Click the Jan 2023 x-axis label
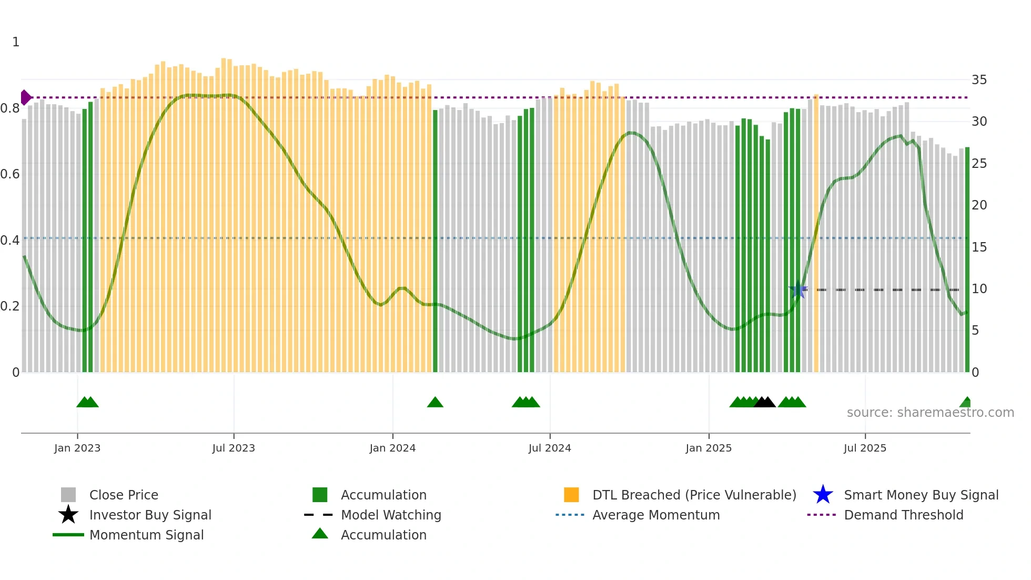pyautogui.click(x=77, y=448)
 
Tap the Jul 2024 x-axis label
pyautogui.click(x=550, y=448)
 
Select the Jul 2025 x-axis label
pyautogui.click(x=865, y=448)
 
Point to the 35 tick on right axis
pyautogui.click(x=979, y=80)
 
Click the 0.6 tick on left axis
pyautogui.click(x=10, y=174)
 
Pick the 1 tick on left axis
pyautogui.click(x=16, y=42)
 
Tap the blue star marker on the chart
pyautogui.click(x=798, y=289)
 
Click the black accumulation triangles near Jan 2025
pyautogui.click(x=764, y=402)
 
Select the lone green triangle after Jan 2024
pyautogui.click(x=435, y=402)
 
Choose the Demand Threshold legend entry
pyautogui.click(x=903, y=515)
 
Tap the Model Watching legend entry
pyautogui.click(x=390, y=515)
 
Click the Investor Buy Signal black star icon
pyautogui.click(x=68, y=515)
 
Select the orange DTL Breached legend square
pyautogui.click(x=571, y=495)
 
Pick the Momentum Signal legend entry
pyautogui.click(x=146, y=535)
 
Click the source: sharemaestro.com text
pyautogui.click(x=930, y=413)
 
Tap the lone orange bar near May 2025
pyautogui.click(x=816, y=234)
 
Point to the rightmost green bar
pyautogui.click(x=967, y=261)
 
